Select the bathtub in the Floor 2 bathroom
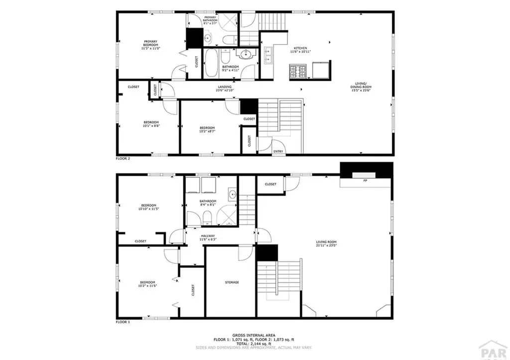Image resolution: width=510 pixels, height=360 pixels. [211, 63]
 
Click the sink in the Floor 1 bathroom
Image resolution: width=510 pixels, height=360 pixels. [232, 194]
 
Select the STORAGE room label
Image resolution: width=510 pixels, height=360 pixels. [231, 282]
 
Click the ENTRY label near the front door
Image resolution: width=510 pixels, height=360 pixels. [278, 151]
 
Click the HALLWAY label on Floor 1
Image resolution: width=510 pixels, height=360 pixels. [208, 236]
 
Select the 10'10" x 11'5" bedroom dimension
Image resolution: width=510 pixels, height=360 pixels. [148, 209]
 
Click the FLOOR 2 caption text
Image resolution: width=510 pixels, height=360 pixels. [123, 158]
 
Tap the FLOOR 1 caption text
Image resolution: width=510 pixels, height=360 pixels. [123, 322]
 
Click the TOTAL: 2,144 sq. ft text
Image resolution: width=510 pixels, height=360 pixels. [255, 344]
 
